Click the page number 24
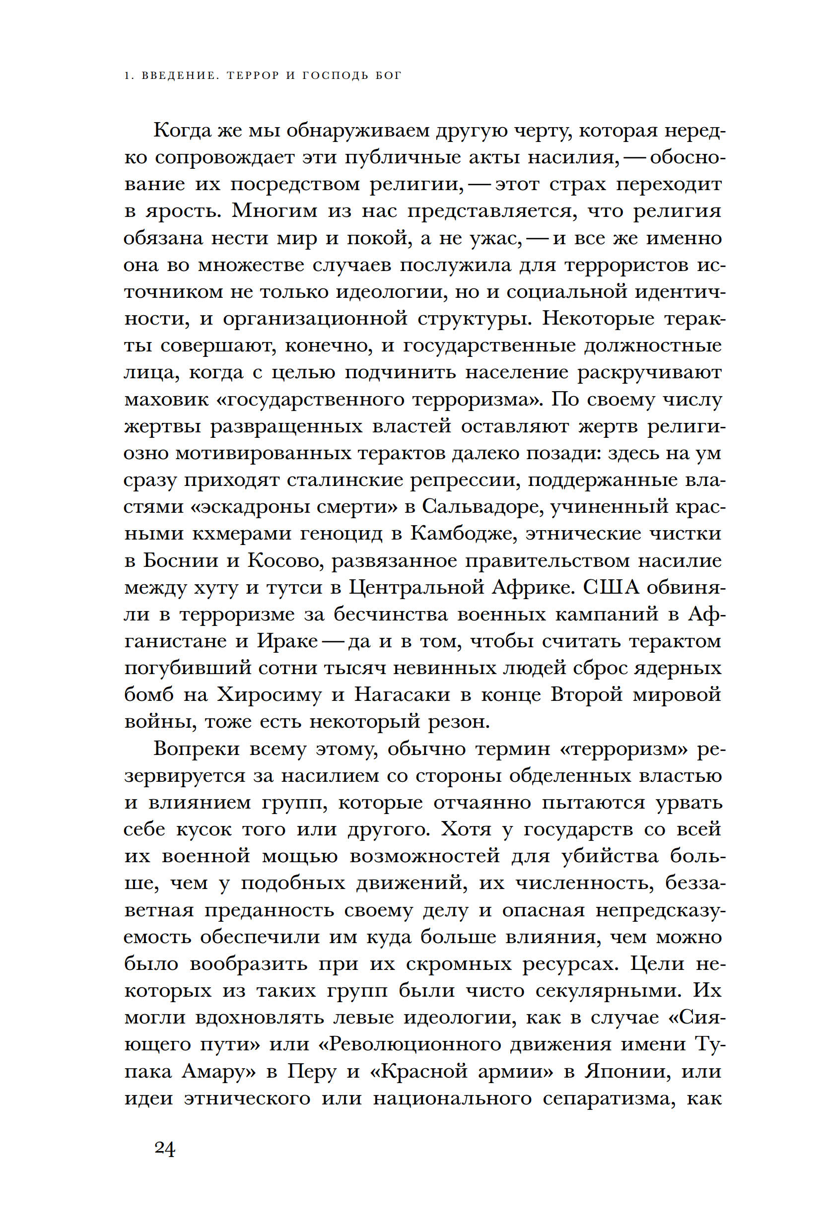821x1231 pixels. click(165, 1148)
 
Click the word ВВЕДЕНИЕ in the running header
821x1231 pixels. click(179, 76)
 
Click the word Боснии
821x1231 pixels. click(180, 561)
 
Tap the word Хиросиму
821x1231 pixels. click(269, 695)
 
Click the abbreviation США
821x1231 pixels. click(611, 588)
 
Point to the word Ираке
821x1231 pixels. click(287, 641)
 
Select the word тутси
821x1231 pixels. click(293, 588)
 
